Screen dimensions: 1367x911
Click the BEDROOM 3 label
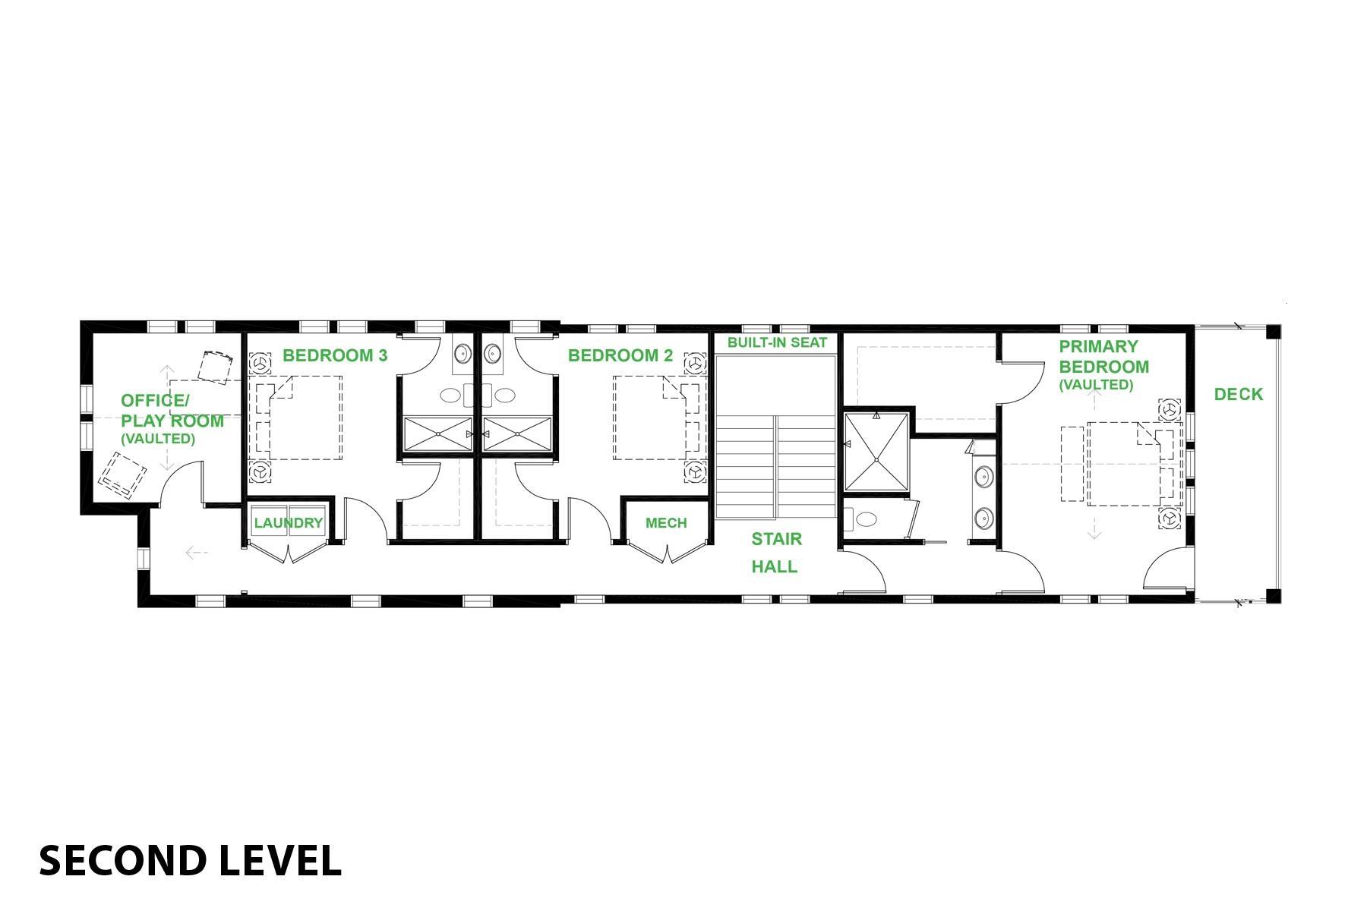tap(335, 355)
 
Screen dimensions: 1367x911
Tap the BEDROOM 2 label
tap(620, 355)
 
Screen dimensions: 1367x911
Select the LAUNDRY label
tap(289, 523)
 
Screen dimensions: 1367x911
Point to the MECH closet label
tap(666, 523)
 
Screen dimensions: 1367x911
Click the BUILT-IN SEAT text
tap(777, 342)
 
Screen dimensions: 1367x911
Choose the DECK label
tap(1239, 394)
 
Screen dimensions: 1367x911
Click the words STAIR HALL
tap(775, 553)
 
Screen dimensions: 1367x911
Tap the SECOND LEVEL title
tap(190, 861)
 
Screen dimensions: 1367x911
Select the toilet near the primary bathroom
tap(863, 520)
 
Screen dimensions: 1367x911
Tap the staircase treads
tap(775, 466)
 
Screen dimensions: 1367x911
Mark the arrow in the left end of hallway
tap(197, 553)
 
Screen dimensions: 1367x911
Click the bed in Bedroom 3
tap(297, 418)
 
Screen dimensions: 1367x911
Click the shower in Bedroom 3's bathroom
tap(437, 434)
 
